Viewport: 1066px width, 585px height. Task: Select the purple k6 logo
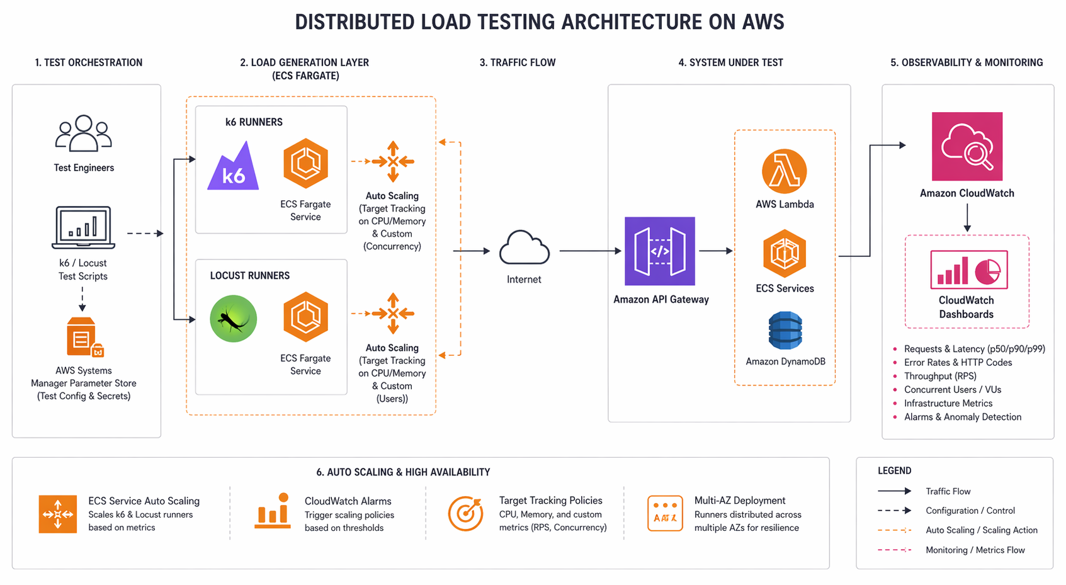point(233,168)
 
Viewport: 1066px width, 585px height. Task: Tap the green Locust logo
point(233,319)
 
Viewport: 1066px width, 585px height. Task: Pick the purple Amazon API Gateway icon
point(659,251)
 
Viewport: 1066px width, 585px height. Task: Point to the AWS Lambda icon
point(784,171)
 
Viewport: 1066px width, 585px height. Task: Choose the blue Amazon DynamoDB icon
point(785,331)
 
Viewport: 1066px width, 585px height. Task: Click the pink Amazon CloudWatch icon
point(967,147)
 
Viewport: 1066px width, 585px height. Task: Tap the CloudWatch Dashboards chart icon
point(968,270)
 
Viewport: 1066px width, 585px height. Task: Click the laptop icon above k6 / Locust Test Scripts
point(83,227)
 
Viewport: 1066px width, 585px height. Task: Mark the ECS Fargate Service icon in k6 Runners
point(305,164)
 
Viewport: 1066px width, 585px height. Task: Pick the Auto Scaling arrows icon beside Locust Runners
point(393,313)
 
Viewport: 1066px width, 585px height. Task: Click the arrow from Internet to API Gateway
point(590,251)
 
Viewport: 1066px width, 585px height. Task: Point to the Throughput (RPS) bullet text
point(939,376)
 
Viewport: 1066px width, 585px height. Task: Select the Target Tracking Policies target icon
point(465,514)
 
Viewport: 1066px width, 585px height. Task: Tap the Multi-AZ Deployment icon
point(665,513)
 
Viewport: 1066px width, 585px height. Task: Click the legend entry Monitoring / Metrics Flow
point(975,550)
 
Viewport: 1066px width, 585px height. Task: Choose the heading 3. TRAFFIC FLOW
point(517,62)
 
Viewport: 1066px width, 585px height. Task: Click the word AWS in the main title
point(763,22)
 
